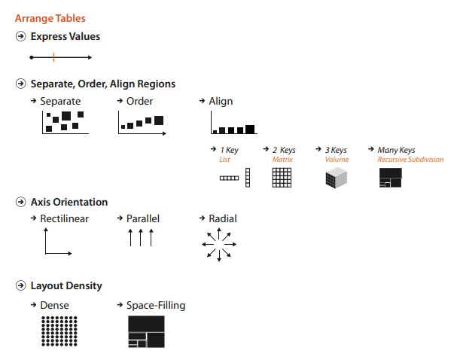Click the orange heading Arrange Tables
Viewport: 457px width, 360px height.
50,18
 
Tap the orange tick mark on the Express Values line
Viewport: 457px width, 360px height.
54,57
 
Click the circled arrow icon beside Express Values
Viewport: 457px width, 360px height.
20,36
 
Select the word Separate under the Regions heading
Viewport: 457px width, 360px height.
60,101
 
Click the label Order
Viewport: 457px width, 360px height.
139,101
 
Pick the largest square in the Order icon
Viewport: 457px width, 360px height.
159,121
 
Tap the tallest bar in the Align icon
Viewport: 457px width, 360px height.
250,129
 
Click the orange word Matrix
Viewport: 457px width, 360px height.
282,160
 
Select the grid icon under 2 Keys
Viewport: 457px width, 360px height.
282,178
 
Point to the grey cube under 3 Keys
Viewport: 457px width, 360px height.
337,178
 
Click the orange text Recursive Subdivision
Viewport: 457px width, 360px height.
410,160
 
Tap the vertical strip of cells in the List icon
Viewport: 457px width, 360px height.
248,178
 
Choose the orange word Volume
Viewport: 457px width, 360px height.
337,160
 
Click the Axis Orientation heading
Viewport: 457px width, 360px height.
69,202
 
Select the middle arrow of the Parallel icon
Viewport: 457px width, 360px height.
141,237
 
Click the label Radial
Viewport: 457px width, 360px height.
223,218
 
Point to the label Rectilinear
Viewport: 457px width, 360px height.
65,218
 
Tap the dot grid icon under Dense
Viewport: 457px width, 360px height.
59,331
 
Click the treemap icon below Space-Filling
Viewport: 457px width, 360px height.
146,331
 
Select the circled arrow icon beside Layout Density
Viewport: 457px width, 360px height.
20,285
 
